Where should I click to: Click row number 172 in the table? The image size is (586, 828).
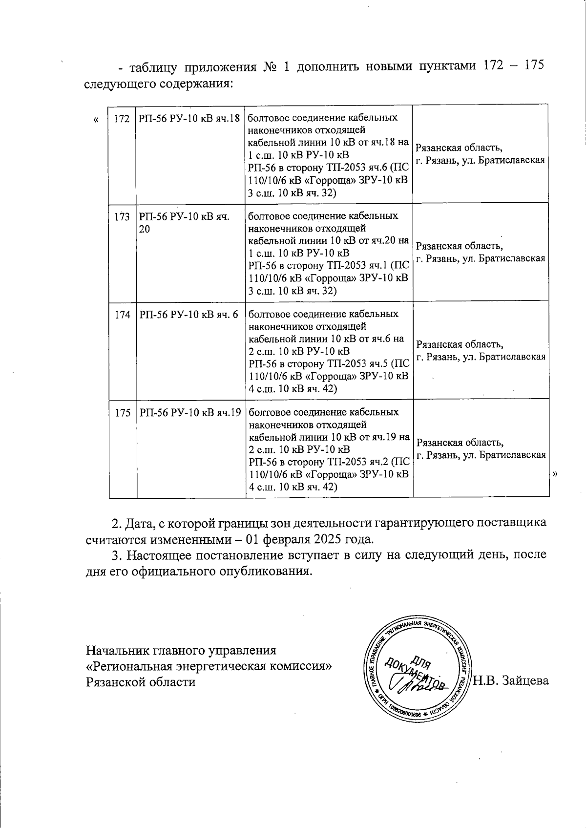coord(122,119)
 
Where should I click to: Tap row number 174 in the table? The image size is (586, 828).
coord(122,315)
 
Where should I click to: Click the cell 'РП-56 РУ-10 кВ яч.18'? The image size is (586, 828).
coord(189,119)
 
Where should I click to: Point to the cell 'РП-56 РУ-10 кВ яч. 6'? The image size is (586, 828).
coord(189,315)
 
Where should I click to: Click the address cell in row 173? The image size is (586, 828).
coord(481,252)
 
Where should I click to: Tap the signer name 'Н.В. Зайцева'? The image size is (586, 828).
coord(511,680)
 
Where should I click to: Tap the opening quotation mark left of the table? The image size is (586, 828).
coord(96,119)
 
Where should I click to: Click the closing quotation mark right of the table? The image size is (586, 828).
coord(555,473)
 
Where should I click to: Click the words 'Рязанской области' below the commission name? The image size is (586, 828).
coord(141,681)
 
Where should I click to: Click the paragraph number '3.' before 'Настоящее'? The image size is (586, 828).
coord(116,555)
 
